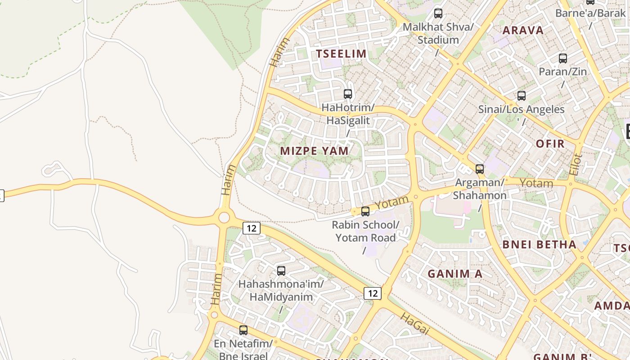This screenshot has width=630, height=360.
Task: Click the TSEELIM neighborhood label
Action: tap(341, 54)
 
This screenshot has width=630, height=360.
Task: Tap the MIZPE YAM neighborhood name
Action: tap(314, 151)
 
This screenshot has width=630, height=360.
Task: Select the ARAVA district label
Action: tap(523, 31)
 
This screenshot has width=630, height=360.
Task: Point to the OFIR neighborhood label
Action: tap(550, 144)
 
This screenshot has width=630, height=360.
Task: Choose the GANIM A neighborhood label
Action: tap(454, 274)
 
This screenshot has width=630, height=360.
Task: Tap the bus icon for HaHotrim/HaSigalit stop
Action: tap(348, 94)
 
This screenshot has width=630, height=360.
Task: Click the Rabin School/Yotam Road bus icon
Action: tap(365, 211)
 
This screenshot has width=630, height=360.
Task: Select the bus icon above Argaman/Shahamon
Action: tap(480, 169)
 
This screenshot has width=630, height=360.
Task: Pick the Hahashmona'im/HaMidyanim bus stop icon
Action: tap(281, 270)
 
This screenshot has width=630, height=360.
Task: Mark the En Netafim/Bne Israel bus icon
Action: tap(243, 330)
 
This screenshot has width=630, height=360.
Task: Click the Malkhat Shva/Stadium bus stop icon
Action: tap(438, 13)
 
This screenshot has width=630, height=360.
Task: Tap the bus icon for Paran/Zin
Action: tap(562, 58)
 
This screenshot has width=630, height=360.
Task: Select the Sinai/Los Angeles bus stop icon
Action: tap(521, 96)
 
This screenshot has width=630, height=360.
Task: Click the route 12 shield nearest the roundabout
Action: tap(251, 228)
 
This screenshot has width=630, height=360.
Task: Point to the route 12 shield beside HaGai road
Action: tap(372, 293)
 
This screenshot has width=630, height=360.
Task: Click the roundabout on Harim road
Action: tap(224, 218)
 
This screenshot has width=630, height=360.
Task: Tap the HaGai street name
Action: tap(414, 324)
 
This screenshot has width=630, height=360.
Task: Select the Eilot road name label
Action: tap(576, 165)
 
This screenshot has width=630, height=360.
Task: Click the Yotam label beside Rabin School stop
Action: tap(392, 202)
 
